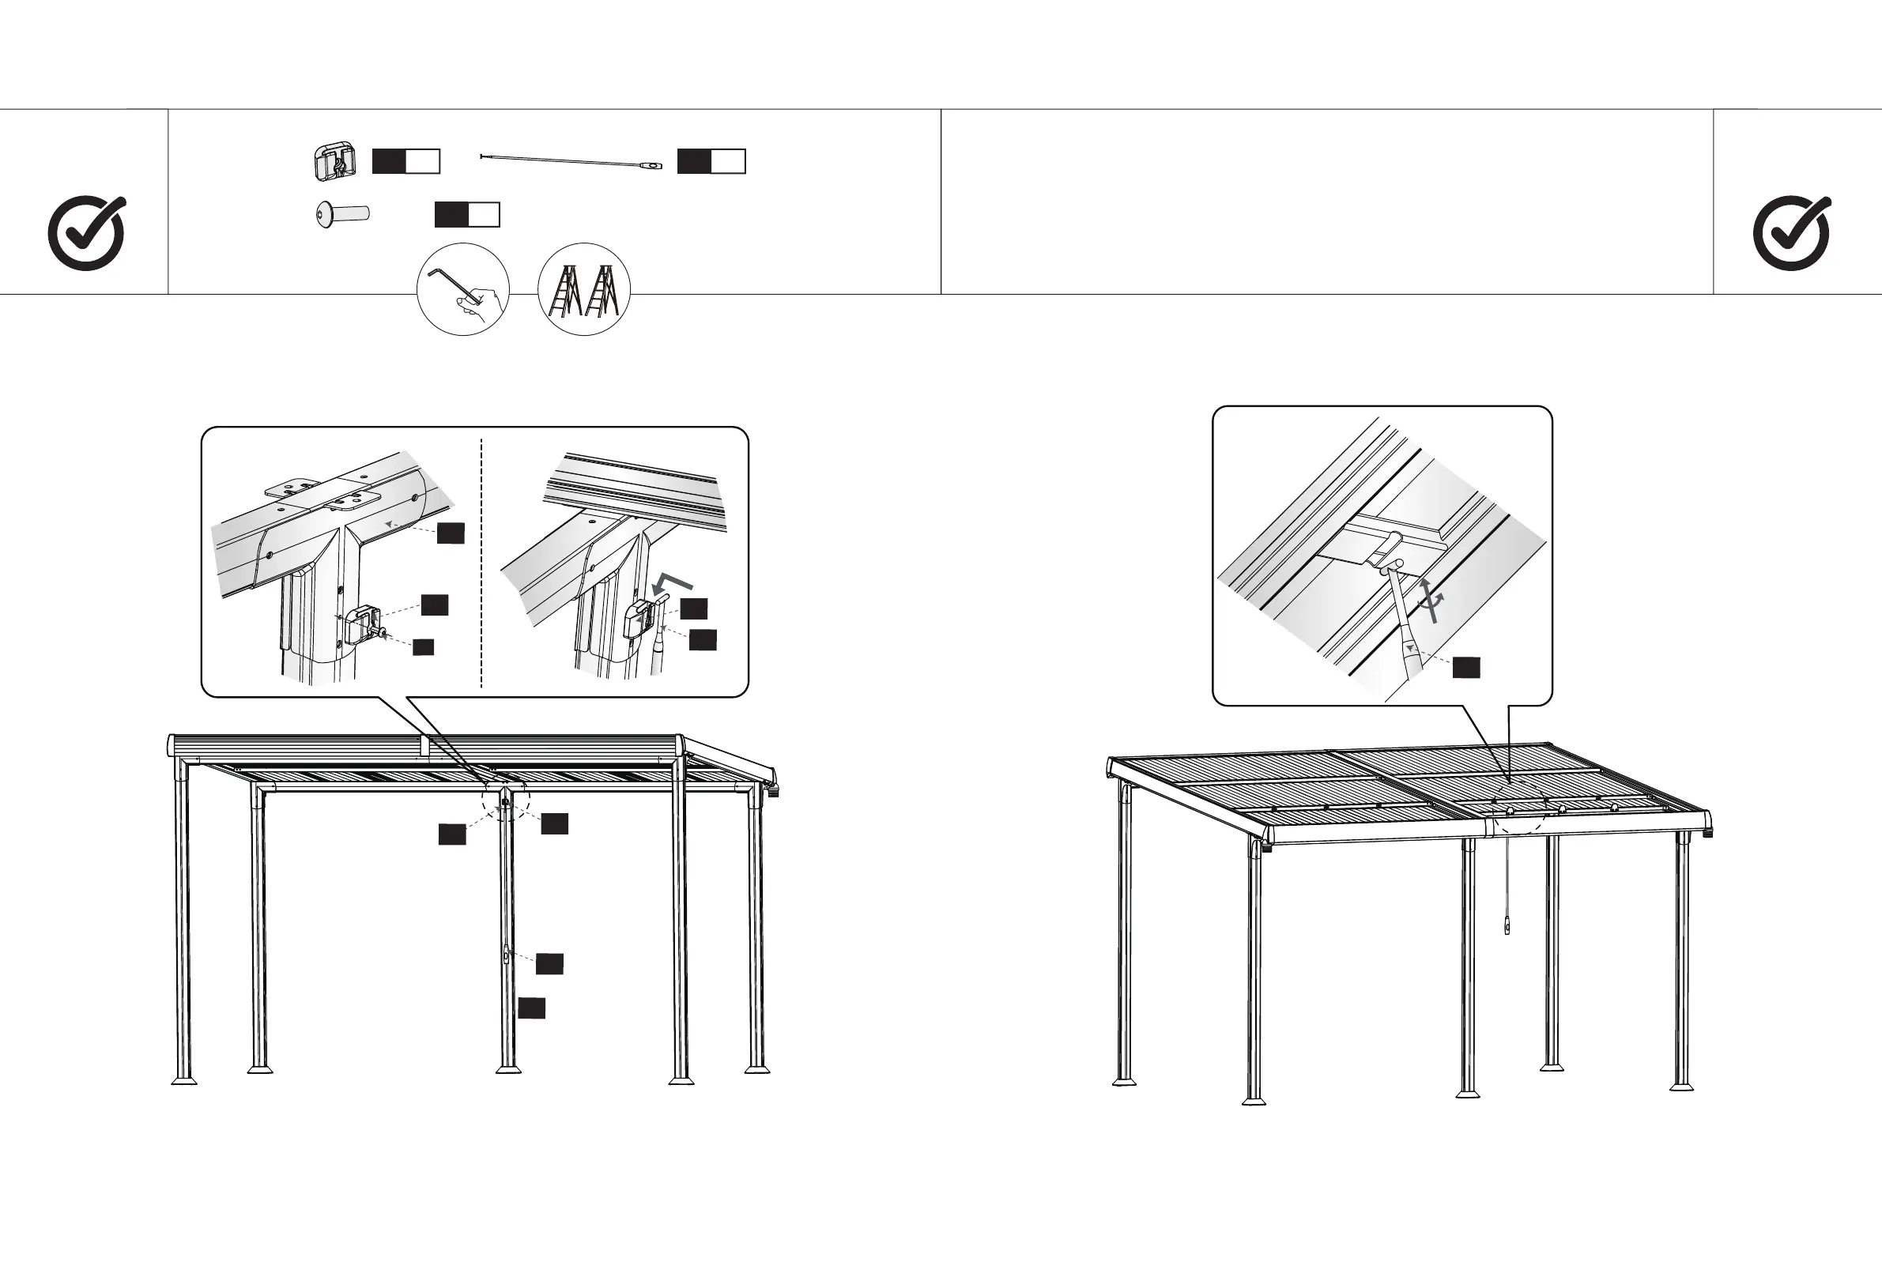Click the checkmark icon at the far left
point(87,233)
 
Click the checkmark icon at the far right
point(1791,233)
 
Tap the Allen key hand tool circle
point(462,289)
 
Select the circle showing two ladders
point(584,289)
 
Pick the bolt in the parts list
point(341,216)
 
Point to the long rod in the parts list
point(571,161)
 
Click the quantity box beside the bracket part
point(405,161)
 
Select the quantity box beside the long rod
point(711,161)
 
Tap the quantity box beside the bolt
point(467,215)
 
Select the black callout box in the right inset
point(1465,667)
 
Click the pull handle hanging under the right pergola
point(1507,925)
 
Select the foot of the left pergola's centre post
point(508,1069)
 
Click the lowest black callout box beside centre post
point(531,1008)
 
